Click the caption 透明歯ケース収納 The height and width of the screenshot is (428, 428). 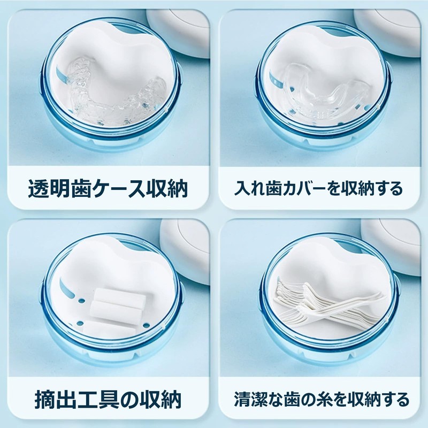[x=108, y=189]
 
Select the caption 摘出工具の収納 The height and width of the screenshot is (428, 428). [x=108, y=399]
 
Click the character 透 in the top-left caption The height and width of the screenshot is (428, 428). [x=40, y=189]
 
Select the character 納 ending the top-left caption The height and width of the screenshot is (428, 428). [x=175, y=189]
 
